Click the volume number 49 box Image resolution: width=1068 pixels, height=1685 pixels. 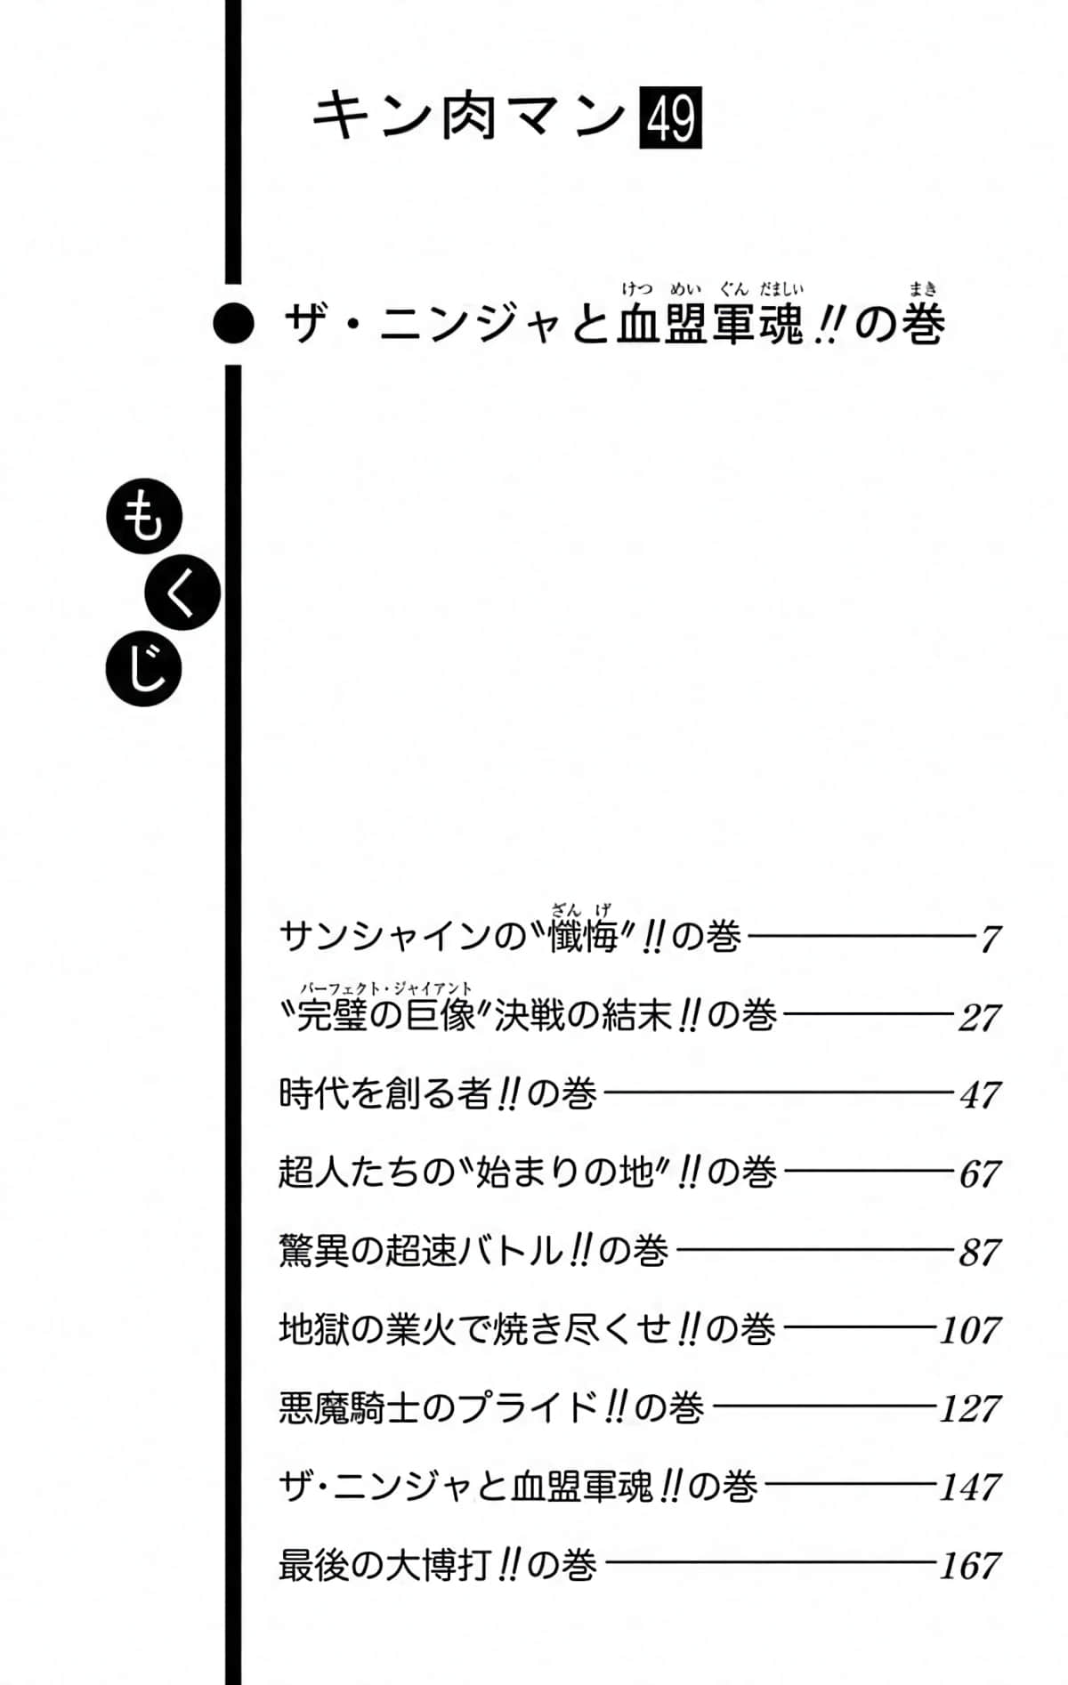(x=671, y=117)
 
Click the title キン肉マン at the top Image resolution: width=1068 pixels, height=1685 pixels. (x=470, y=117)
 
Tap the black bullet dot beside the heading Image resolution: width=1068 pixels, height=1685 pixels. (x=234, y=324)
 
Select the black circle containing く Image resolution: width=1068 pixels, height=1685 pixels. (x=182, y=593)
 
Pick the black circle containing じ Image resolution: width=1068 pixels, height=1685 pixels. (x=143, y=669)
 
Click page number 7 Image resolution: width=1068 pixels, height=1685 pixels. (x=990, y=939)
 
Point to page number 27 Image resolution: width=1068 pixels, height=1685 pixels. (x=979, y=1018)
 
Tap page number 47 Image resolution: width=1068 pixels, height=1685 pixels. (x=980, y=1095)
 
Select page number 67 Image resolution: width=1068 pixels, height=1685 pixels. (x=980, y=1174)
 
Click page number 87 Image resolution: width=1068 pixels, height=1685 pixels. (x=980, y=1253)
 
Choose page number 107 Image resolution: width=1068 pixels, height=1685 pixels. (x=971, y=1331)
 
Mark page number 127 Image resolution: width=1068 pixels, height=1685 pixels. (x=971, y=1409)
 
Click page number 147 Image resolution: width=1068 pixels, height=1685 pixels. (x=971, y=1487)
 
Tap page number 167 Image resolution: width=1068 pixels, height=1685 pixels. (x=971, y=1566)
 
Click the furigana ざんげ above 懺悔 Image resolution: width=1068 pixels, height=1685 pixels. (x=581, y=909)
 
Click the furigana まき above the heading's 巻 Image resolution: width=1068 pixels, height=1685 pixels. (x=923, y=288)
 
